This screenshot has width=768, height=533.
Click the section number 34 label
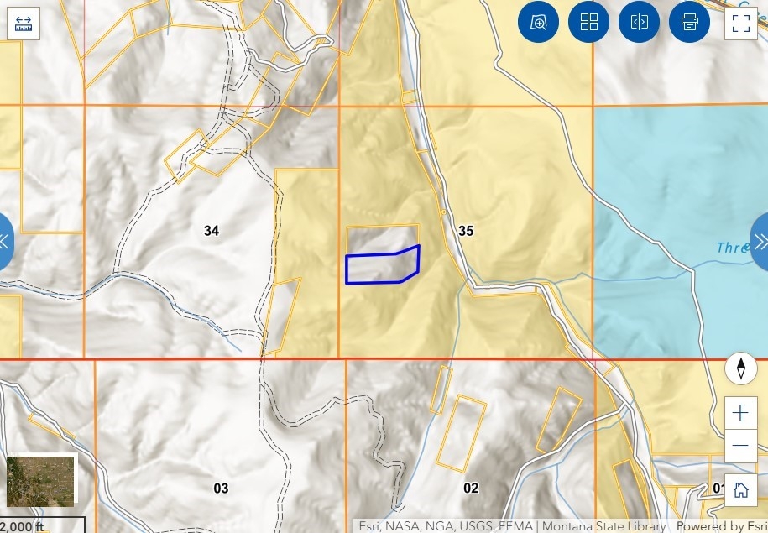[212, 231]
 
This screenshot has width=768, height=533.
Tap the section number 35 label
[466, 231]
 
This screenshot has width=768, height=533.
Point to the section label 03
[221, 489]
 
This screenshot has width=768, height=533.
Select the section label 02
[471, 488]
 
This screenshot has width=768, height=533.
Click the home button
[740, 490]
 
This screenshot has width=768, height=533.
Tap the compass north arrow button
[741, 368]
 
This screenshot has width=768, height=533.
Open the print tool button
[689, 23]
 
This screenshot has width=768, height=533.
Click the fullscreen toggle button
[740, 23]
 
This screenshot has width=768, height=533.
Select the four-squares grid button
[588, 23]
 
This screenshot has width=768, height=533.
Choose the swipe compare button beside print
[639, 23]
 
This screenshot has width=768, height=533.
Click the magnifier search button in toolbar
[538, 23]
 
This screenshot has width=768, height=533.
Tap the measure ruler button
[24, 23]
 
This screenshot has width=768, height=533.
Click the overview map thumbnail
[41, 480]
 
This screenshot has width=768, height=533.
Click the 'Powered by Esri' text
[721, 526]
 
